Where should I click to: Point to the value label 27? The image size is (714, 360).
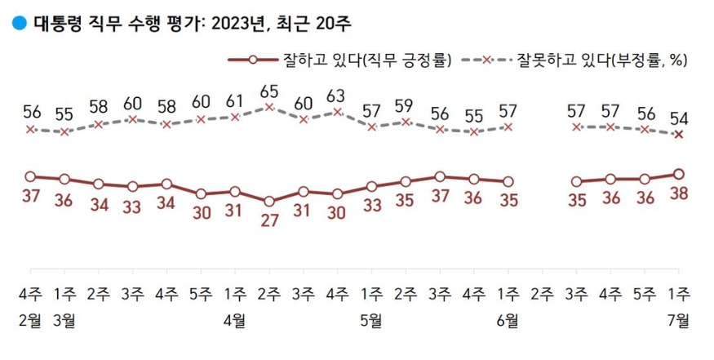(x=268, y=221)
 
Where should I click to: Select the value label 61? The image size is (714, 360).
(x=235, y=101)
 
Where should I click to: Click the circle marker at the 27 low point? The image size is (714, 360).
(x=268, y=201)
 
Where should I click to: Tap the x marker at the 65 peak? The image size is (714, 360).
(x=268, y=107)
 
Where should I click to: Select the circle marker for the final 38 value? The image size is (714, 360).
(x=679, y=174)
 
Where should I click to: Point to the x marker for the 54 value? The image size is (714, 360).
(x=679, y=135)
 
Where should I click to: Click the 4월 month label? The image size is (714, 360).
(x=235, y=321)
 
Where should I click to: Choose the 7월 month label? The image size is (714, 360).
(x=679, y=321)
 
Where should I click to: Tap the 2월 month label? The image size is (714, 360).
(x=30, y=321)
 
